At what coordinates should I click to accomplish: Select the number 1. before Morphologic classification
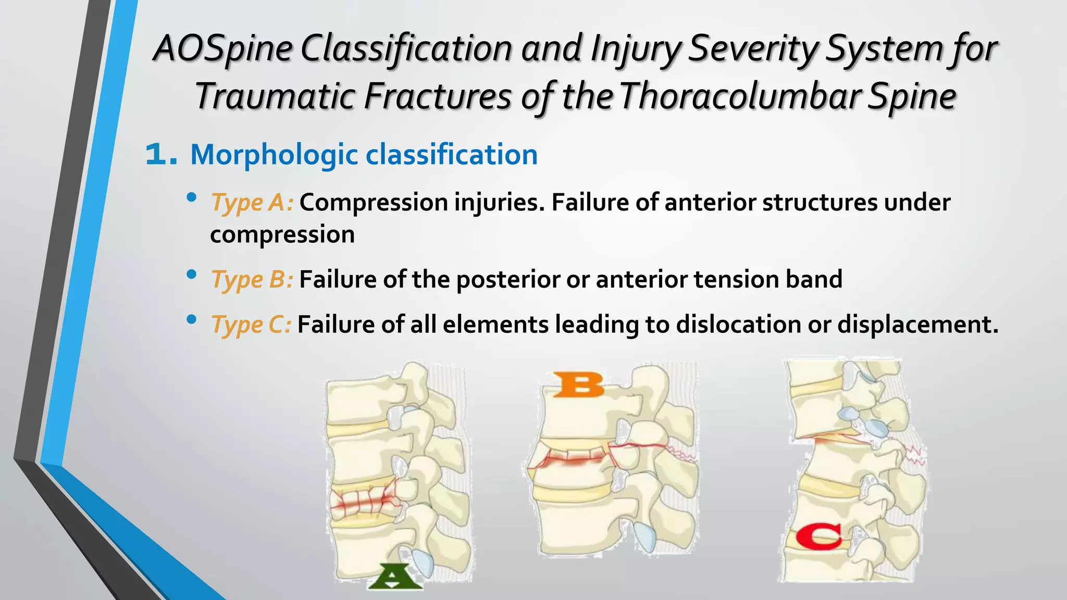pyautogui.click(x=161, y=155)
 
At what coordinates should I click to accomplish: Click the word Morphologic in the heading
pyautogui.click(x=274, y=155)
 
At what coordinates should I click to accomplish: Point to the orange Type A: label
pyautogui.click(x=252, y=203)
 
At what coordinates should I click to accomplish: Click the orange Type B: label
pyautogui.click(x=252, y=280)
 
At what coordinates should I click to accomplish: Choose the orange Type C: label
pyautogui.click(x=251, y=325)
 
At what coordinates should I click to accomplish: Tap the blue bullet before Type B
pyautogui.click(x=191, y=274)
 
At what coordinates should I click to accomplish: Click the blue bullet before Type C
pyautogui.click(x=191, y=319)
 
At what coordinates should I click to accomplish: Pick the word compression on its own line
pyautogui.click(x=282, y=234)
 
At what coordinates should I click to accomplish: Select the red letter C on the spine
pyautogui.click(x=818, y=536)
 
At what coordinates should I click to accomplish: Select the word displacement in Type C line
pyautogui.click(x=917, y=324)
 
